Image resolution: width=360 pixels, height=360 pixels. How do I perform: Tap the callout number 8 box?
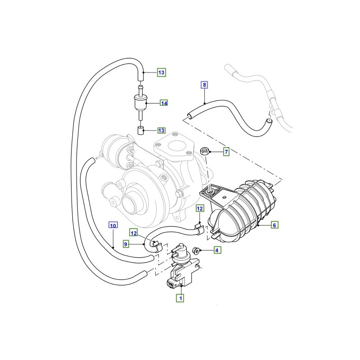[x=204, y=84]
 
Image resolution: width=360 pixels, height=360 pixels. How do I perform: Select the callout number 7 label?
[x=226, y=152]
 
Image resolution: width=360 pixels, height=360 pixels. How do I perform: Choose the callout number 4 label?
[x=217, y=250]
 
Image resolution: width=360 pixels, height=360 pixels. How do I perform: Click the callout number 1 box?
[x=180, y=297]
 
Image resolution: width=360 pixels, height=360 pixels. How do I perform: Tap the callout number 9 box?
[x=126, y=244]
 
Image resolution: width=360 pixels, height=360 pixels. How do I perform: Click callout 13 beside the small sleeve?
[x=162, y=130]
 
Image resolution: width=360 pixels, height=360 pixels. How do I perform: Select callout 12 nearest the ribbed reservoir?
[x=200, y=208]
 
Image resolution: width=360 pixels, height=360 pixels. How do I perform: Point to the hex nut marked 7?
[x=204, y=151]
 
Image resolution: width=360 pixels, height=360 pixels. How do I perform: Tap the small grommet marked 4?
[x=196, y=250]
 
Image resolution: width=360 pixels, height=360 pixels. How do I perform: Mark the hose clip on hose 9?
[x=156, y=245]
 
